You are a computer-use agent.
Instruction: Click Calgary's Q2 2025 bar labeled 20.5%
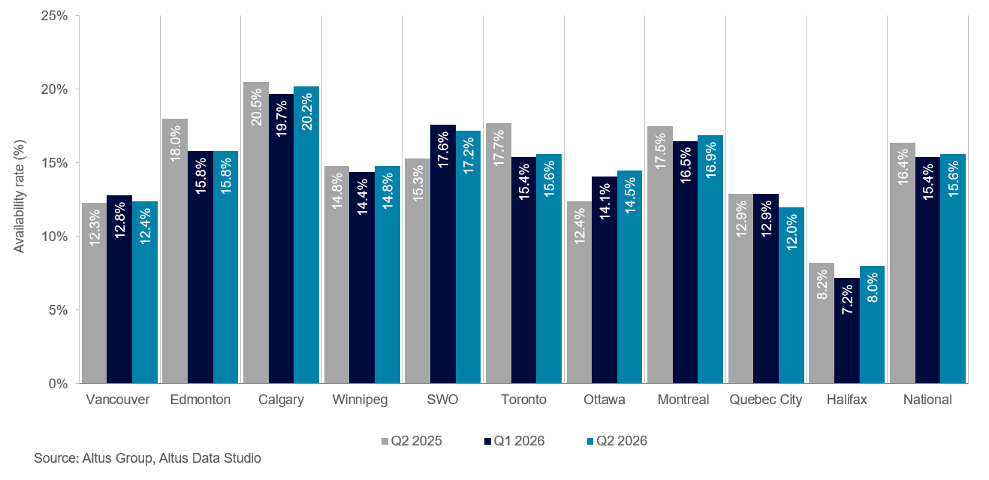coord(256,233)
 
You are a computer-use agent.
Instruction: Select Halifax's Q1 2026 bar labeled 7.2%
coord(847,331)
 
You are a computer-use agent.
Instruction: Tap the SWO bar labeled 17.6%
coord(443,254)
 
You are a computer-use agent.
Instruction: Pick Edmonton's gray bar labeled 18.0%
coord(175,251)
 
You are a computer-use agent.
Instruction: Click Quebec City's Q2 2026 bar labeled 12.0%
coord(792,295)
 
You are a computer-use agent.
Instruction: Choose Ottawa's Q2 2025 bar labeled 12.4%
coord(579,292)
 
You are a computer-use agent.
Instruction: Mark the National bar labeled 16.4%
coord(903,263)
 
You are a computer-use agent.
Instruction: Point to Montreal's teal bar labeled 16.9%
coord(710,259)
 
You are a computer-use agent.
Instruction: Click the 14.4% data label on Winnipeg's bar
coord(363,197)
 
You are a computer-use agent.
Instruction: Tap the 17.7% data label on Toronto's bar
coord(499,148)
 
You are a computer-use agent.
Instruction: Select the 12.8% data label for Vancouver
coord(120,220)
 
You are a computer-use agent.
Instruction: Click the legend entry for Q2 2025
coord(412,441)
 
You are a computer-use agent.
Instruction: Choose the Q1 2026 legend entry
coord(514,441)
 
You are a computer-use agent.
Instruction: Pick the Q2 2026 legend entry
coord(617,441)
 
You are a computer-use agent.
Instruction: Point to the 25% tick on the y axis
coord(54,16)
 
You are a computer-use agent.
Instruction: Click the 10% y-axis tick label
coord(54,237)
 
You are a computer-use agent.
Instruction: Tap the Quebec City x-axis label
coord(765,400)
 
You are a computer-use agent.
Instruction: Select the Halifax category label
coord(846,400)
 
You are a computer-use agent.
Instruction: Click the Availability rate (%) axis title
coord(19,197)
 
